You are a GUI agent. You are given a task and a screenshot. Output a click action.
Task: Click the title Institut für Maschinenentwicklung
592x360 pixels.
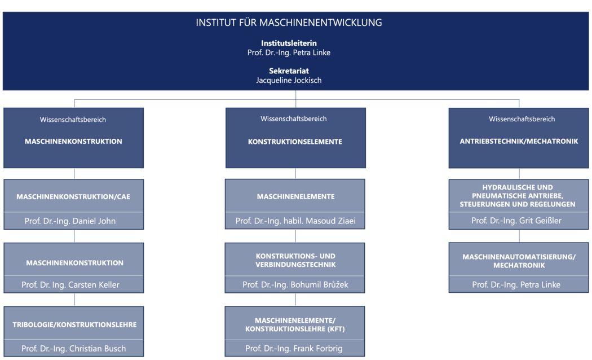tap(289, 23)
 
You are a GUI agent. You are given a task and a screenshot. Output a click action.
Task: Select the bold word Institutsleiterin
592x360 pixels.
tap(289, 43)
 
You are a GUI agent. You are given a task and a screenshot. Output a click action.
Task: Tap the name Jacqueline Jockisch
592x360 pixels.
tap(289, 80)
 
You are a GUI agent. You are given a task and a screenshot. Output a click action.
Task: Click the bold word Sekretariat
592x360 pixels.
tap(289, 71)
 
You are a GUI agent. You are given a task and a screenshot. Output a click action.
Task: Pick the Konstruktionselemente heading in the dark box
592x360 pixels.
tap(295, 142)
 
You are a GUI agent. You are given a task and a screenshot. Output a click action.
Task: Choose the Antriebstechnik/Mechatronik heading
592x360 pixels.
tap(519, 141)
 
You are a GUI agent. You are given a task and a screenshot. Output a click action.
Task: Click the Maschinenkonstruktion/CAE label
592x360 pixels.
tap(73, 197)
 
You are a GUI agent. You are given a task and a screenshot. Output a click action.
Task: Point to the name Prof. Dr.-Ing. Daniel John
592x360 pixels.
tap(70, 221)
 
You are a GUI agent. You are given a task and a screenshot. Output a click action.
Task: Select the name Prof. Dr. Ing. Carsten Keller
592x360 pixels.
tap(70, 285)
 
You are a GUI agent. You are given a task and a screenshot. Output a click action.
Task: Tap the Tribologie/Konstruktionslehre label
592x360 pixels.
tap(74, 324)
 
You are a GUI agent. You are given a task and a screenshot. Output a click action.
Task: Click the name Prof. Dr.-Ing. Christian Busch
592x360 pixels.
tap(74, 349)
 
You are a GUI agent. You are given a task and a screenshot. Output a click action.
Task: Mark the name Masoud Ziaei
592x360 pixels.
tap(331, 221)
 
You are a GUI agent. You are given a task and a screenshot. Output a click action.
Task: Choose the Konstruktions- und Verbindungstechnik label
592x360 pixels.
tap(295, 260)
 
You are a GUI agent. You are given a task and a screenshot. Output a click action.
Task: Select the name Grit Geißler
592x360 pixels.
tap(540, 221)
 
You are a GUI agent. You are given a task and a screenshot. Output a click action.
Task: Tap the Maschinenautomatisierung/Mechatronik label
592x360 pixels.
tap(519, 261)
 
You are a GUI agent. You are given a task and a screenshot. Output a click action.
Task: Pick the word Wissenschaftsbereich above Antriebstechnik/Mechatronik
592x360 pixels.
tap(522, 119)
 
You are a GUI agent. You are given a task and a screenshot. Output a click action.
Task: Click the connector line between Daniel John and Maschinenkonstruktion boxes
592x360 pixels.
tap(74, 236)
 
